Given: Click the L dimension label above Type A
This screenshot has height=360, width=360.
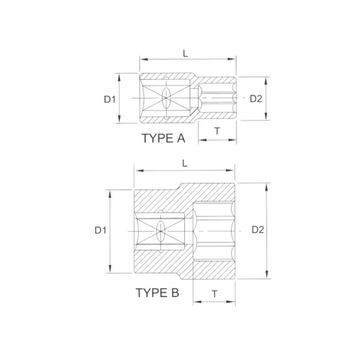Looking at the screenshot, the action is point(185,53).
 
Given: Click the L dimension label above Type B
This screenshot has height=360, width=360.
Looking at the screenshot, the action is point(185,163).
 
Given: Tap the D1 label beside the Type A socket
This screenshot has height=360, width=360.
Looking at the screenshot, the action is point(110,99).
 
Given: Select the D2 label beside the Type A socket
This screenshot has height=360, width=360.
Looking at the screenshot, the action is point(256,99).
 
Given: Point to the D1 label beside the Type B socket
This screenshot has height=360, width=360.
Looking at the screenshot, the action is point(101,230).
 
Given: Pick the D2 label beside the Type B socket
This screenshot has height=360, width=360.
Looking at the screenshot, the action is point(258,230).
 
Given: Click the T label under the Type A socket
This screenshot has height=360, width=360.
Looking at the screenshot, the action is point(217,131).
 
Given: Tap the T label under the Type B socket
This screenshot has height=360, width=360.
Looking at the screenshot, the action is point(214,293).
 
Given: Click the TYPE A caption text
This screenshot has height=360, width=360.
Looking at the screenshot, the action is point(163,138).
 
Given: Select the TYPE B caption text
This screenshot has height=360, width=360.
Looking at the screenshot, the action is point(157,293).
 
